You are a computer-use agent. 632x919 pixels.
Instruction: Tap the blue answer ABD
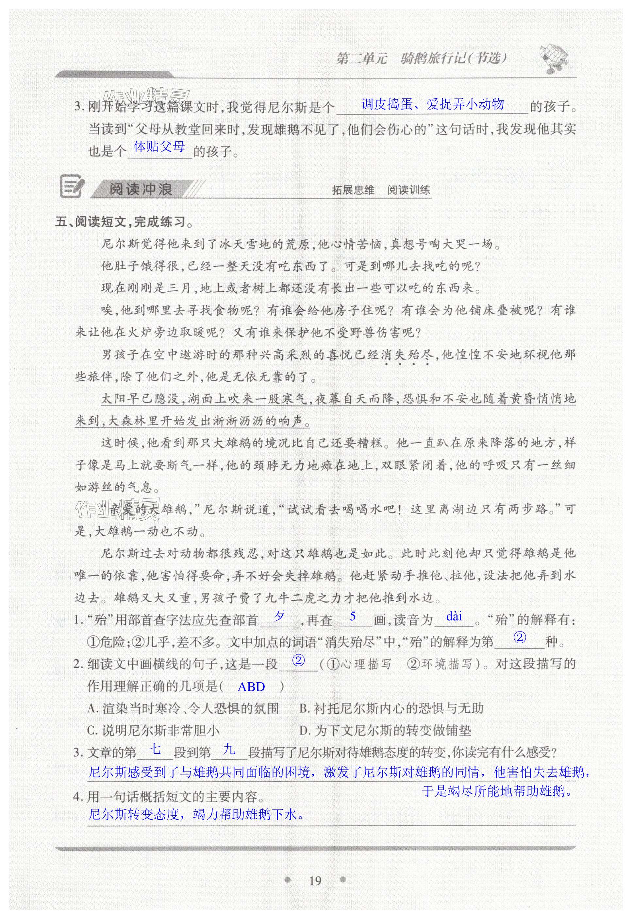(x=251, y=686)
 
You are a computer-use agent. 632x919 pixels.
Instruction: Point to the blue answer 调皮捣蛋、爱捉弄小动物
(x=432, y=104)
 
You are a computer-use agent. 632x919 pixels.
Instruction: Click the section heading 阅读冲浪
(x=141, y=189)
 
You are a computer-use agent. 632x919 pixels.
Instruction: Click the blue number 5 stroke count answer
(x=353, y=616)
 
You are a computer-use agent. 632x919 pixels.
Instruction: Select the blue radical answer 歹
(x=280, y=616)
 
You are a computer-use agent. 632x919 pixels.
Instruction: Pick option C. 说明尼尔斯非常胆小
(x=153, y=730)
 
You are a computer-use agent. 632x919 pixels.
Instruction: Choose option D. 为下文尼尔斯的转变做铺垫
(x=385, y=730)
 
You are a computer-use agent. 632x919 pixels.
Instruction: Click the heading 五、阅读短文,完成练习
(x=124, y=222)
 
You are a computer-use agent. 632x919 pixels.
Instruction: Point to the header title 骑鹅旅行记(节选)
(x=453, y=59)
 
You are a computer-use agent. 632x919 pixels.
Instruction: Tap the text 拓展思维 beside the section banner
(x=353, y=190)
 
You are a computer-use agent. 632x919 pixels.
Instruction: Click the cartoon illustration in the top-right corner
(x=553, y=59)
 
